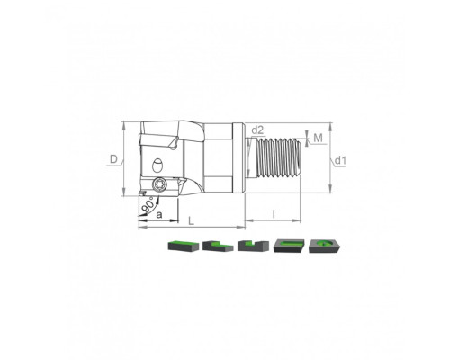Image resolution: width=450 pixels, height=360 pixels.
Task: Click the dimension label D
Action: (x=113, y=159)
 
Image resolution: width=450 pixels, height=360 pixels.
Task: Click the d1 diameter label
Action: (x=340, y=161)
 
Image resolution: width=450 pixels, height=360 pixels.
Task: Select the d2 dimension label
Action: (x=257, y=130)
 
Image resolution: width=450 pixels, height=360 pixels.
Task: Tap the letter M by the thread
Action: (x=318, y=138)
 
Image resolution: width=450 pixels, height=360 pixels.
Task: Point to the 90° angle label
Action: (x=148, y=205)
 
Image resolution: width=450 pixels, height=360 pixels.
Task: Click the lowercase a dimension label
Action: (x=159, y=214)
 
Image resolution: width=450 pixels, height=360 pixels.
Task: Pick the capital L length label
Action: (x=191, y=221)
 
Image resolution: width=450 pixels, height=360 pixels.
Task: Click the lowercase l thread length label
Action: (x=274, y=214)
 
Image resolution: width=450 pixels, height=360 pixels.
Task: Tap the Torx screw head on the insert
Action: (x=157, y=184)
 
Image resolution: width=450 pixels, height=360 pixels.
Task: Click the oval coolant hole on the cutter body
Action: (x=157, y=166)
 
